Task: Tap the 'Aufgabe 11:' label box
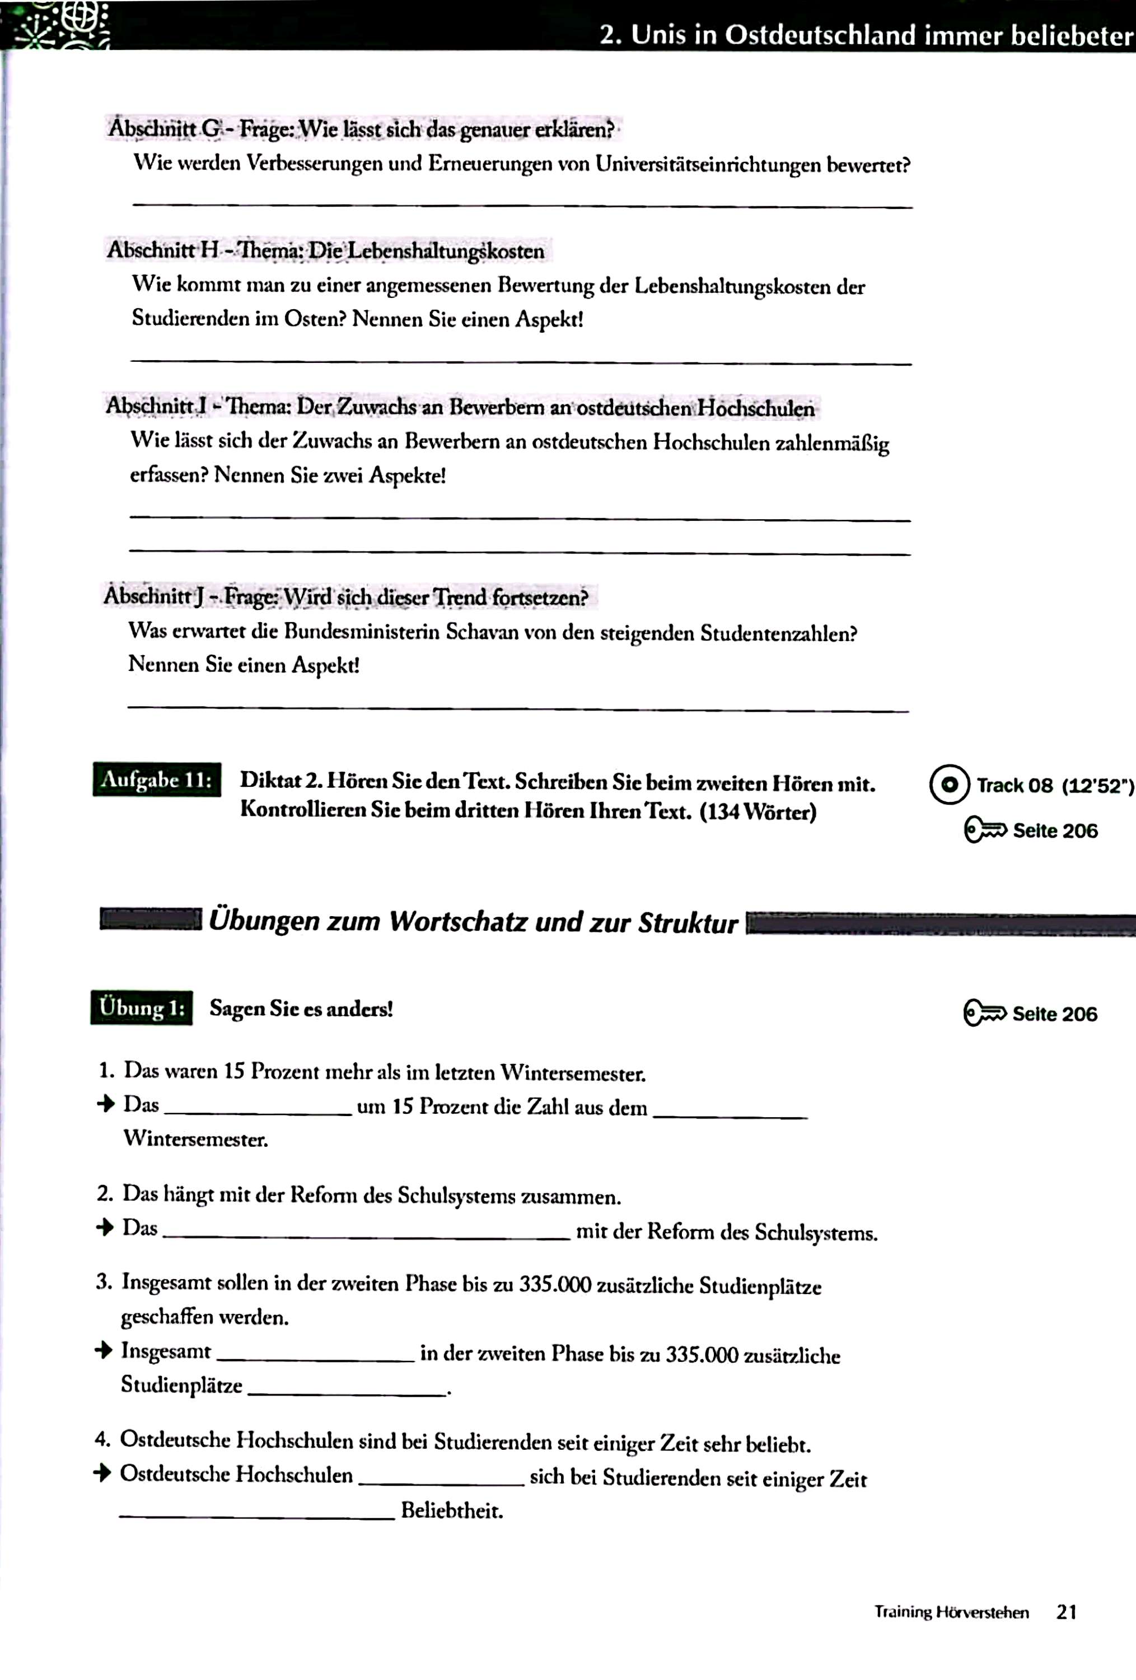pos(157,780)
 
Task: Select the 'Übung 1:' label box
pos(142,1007)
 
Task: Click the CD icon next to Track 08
pos(949,785)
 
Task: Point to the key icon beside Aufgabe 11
pos(985,830)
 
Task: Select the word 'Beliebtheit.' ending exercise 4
pos(452,1510)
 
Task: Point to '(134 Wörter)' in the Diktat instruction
pos(758,811)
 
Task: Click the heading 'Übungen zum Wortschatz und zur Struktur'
pos(473,922)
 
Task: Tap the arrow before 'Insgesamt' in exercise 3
pos(104,1350)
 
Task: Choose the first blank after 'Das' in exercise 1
pos(258,1113)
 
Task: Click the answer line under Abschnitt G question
pos(522,206)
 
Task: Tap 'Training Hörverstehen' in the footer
pos(951,1612)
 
